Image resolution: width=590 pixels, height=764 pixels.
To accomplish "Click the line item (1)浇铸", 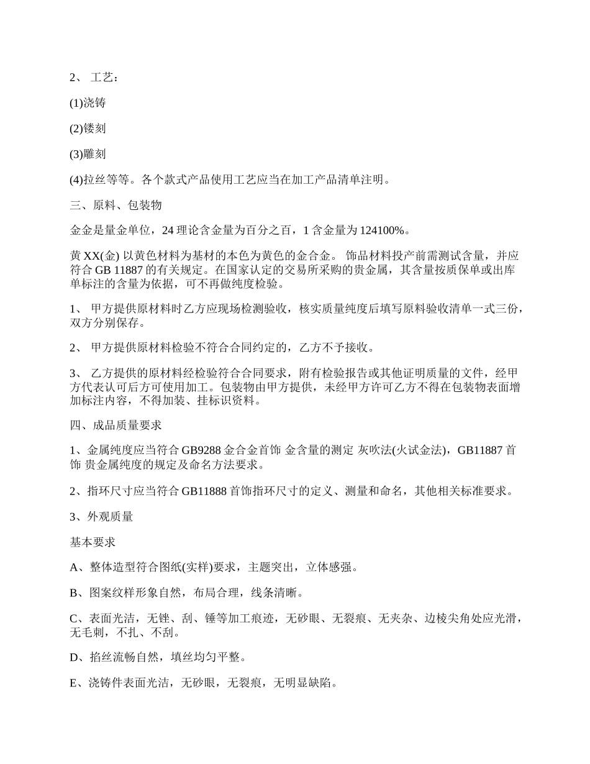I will tap(88, 103).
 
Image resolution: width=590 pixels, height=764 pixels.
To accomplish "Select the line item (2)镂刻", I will tap(88, 129).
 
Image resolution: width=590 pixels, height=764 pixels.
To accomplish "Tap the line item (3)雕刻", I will tap(88, 154).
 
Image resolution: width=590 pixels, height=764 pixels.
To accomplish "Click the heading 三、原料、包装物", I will tap(116, 205).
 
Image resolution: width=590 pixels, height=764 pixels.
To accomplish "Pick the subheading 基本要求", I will tap(93, 542).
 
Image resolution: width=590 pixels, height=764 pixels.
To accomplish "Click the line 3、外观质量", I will tap(101, 516).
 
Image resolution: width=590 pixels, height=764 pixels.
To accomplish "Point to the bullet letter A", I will tap(74, 567).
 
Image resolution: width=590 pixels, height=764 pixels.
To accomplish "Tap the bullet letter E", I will tap(74, 683).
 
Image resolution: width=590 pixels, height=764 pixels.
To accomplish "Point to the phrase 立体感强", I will tap(329, 567).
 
